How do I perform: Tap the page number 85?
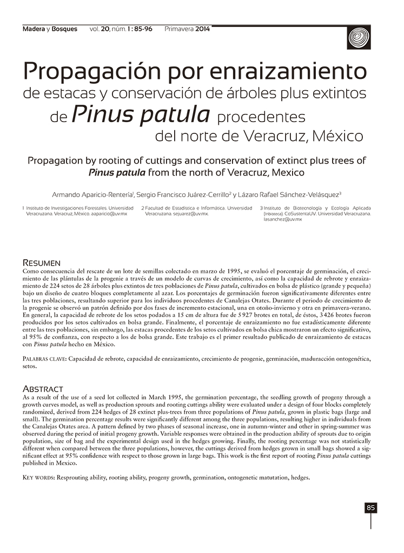click(370, 508)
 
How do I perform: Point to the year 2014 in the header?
click(202, 29)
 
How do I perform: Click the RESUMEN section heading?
click(41, 262)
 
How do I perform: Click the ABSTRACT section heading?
click(43, 389)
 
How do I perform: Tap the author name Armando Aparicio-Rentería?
click(94, 194)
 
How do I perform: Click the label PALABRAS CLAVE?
click(44, 359)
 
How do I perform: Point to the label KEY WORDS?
click(38, 478)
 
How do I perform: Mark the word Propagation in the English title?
click(61, 161)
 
